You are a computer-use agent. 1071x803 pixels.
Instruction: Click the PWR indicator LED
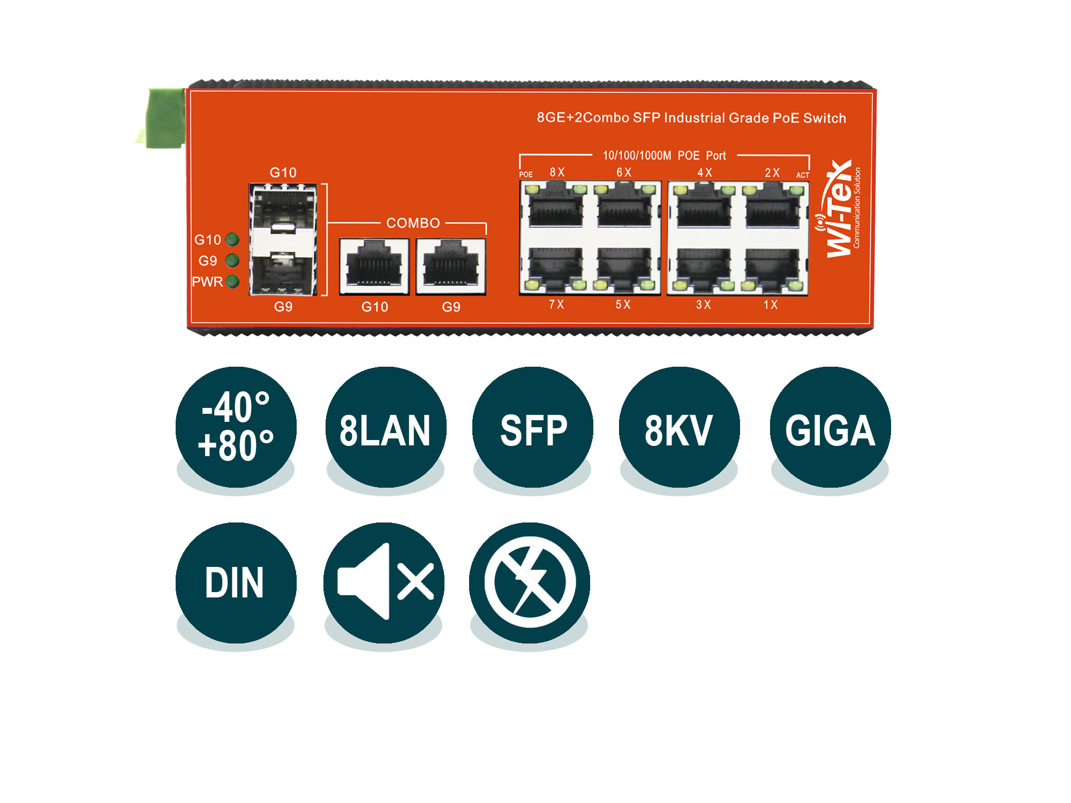[x=232, y=282]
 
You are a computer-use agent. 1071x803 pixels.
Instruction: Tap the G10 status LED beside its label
[x=232, y=239]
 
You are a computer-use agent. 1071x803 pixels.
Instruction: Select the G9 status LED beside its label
[x=232, y=261]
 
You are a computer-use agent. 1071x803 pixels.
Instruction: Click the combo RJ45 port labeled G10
[x=374, y=267]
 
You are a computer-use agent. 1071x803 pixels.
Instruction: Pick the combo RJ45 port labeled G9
[x=451, y=267]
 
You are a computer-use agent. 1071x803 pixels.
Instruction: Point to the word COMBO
[x=413, y=223]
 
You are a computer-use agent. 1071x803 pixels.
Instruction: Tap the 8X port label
[x=557, y=172]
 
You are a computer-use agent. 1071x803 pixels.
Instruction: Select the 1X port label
[x=771, y=305]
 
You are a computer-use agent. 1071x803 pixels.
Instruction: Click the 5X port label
[x=623, y=305]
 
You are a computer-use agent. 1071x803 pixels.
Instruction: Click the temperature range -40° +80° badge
[x=236, y=427]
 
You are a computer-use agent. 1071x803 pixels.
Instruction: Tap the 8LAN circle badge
[x=386, y=427]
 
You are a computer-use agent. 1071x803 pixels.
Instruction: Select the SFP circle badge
[x=533, y=427]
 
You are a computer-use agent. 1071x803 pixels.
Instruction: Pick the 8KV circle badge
[x=679, y=427]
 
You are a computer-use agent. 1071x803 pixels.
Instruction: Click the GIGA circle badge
[x=831, y=427]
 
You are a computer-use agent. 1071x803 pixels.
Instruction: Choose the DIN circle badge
[x=236, y=583]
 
